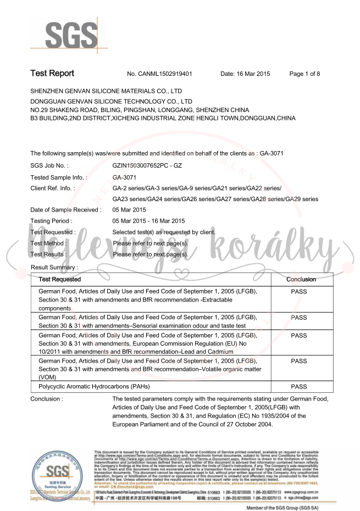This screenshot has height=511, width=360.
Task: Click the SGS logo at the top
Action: [65, 35]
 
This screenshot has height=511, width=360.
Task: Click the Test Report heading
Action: [52, 73]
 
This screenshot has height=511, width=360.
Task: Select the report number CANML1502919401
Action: [160, 74]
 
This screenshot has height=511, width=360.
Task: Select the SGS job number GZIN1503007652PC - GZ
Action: [147, 165]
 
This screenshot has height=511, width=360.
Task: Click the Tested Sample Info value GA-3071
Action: [124, 177]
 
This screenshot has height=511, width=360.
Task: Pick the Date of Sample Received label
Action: [65, 209]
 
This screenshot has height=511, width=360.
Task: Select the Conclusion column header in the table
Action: [301, 279]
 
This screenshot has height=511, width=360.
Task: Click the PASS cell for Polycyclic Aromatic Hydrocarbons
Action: [299, 387]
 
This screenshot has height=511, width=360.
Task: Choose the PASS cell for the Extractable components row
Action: [299, 291]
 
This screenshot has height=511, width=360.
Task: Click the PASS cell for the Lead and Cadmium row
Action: [299, 336]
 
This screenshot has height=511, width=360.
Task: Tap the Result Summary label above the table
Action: [54, 267]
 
